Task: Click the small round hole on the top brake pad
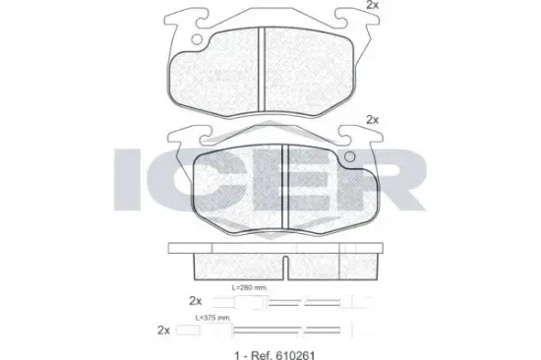point(196,40)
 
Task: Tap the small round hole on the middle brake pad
point(346,155)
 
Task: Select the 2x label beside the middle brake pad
point(371,120)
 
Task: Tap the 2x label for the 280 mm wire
point(194,299)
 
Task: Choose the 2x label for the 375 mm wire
point(163,330)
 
